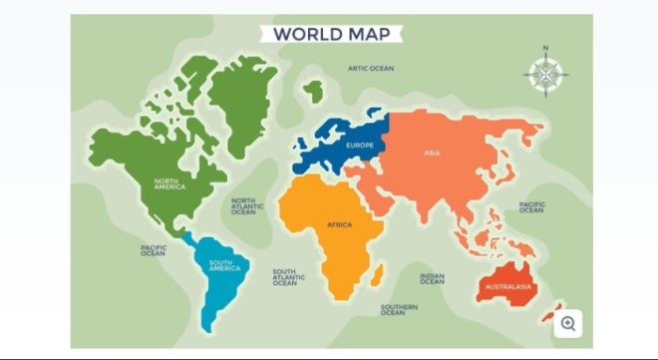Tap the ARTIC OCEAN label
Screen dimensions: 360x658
click(371, 69)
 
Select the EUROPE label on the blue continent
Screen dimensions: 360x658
click(360, 146)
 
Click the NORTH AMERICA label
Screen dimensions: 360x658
click(169, 184)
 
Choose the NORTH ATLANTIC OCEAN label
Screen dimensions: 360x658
click(244, 206)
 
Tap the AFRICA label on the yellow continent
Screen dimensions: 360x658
click(340, 224)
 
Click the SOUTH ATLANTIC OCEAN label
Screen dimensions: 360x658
click(285, 277)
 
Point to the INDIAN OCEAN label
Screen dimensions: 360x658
click(432, 279)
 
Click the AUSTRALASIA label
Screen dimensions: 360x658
click(508, 287)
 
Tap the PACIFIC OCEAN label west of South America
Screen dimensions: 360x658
click(153, 250)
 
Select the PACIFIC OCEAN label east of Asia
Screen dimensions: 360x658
click(531, 207)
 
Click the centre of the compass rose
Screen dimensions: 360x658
click(545, 75)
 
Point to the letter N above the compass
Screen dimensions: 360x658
click(545, 48)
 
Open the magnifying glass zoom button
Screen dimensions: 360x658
click(568, 323)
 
